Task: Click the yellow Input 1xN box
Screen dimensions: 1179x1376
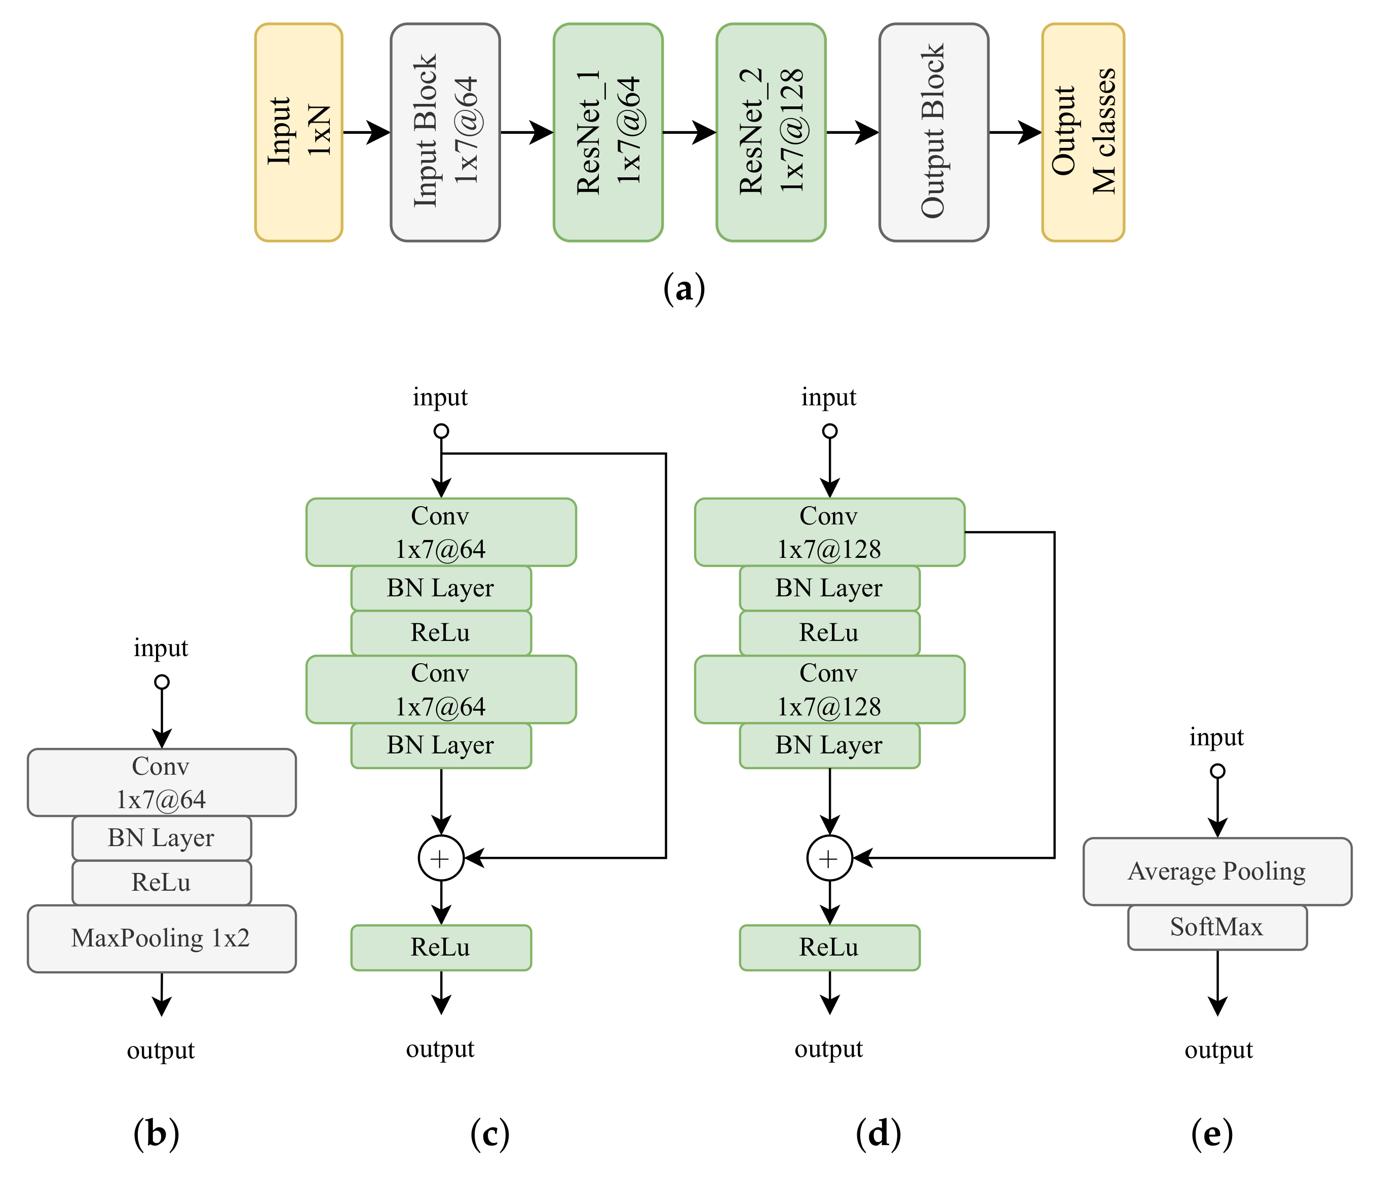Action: (298, 132)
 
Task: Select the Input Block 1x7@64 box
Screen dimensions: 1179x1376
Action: (445, 132)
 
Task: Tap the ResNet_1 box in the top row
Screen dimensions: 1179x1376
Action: (607, 132)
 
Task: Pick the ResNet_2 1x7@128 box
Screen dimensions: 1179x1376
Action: (771, 132)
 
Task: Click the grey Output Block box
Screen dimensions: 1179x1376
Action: (933, 132)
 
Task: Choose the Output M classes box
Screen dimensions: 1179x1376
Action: (1083, 132)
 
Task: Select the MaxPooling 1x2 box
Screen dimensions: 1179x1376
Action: (162, 938)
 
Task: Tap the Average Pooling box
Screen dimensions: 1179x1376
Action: (1216, 871)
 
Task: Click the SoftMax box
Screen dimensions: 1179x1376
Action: (1216, 927)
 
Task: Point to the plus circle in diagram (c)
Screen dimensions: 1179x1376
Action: (441, 858)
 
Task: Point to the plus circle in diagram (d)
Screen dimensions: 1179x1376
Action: (829, 858)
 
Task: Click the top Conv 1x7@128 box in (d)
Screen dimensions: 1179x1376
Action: (829, 532)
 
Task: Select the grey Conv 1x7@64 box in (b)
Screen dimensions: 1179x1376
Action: (162, 782)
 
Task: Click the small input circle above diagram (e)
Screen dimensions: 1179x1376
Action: (1216, 771)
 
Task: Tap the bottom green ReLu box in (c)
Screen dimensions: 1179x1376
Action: (441, 947)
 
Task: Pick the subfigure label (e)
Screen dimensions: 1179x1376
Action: (1211, 1133)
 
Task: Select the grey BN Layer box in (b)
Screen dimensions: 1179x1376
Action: (162, 838)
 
